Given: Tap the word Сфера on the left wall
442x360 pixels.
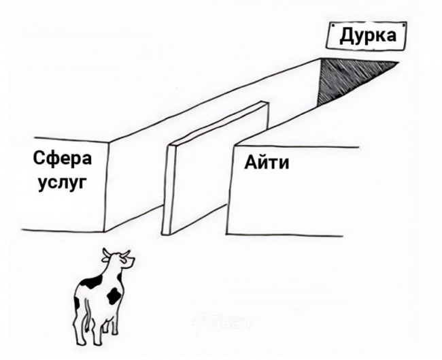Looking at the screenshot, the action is (x=63, y=159).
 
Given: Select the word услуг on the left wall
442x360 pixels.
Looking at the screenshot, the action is (x=62, y=184).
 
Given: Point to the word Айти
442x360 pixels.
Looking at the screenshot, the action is (x=267, y=163).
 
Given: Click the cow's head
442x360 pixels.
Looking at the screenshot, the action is (x=118, y=258).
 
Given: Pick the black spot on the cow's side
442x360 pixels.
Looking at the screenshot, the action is (x=114, y=295).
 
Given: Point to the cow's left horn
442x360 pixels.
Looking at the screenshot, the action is (x=105, y=253).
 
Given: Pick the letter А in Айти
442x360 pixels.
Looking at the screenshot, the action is (x=250, y=163).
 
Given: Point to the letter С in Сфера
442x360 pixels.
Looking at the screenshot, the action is (x=39, y=158).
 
